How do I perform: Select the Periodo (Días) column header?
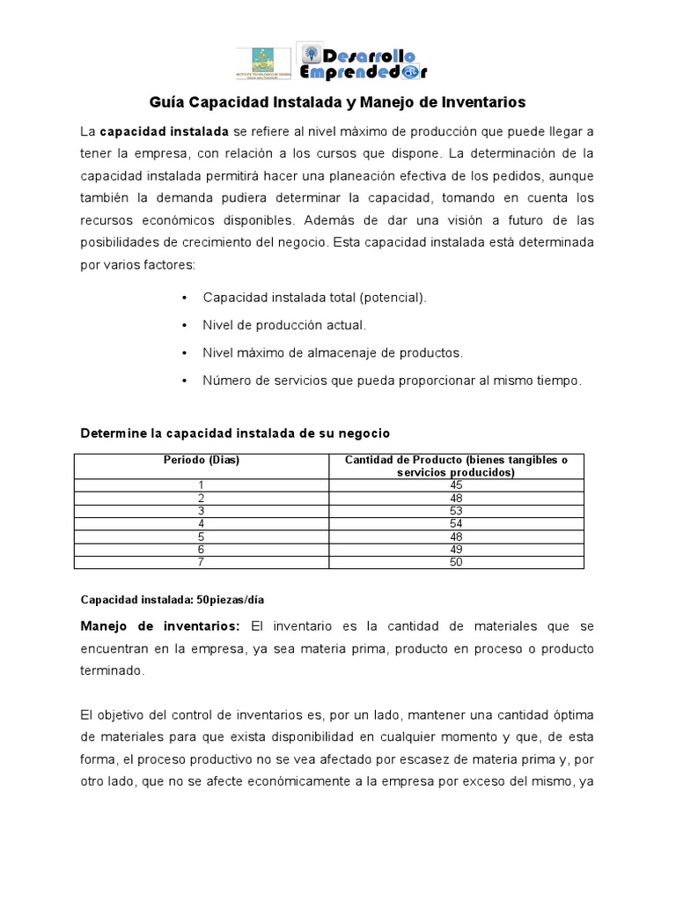click(201, 460)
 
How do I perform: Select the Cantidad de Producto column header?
click(455, 466)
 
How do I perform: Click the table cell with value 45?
click(455, 484)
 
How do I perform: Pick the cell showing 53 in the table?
click(455, 510)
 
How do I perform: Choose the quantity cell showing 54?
click(455, 523)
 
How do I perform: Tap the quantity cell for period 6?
click(455, 550)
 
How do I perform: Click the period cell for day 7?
click(201, 563)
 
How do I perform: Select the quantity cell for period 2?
click(455, 498)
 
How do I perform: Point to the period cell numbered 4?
click(201, 523)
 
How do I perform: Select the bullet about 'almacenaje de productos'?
click(332, 352)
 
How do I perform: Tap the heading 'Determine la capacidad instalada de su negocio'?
click(235, 433)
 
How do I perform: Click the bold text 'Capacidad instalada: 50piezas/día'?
click(173, 599)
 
